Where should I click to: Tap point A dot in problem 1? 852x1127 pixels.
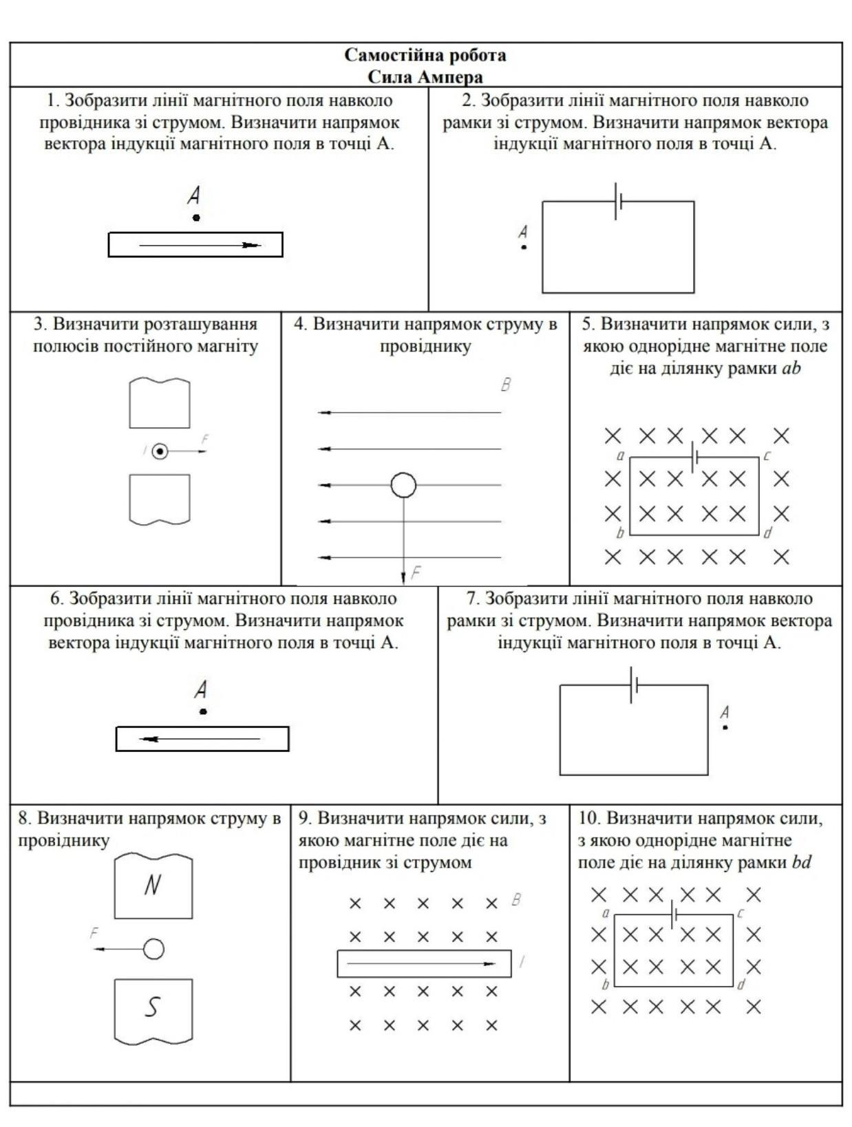pos(196,218)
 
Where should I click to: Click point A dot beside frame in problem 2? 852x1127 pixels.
pos(524,247)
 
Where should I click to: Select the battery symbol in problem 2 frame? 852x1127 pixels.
pos(618,202)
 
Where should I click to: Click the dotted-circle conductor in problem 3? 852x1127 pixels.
pos(160,451)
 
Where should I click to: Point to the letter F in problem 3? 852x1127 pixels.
pos(204,439)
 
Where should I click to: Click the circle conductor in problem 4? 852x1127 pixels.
pos(403,485)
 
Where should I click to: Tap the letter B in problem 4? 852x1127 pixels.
pos(505,385)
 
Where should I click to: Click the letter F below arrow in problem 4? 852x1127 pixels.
pos(415,572)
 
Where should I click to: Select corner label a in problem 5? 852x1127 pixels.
pos(620,455)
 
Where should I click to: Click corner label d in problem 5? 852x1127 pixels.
pos(767,533)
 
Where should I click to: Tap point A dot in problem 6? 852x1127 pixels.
pos(203,711)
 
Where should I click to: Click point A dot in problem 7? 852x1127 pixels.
pos(725,727)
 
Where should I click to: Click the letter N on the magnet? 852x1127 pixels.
pos(152,885)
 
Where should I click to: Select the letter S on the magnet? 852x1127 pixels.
pos(152,1007)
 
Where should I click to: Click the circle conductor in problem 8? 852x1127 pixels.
pos(153,949)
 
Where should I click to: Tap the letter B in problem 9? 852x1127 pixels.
pos(516,899)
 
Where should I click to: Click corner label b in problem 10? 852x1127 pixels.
pos(606,985)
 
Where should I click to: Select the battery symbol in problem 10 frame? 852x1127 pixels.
pos(674,914)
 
